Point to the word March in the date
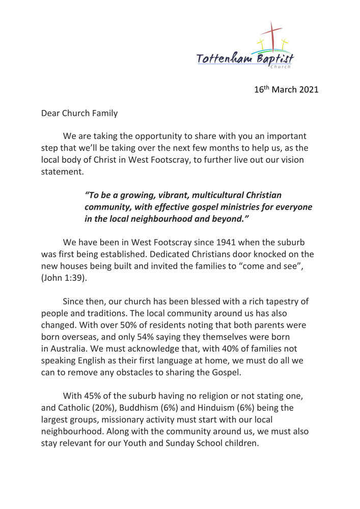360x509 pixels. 283,90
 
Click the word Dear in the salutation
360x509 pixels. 50,113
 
